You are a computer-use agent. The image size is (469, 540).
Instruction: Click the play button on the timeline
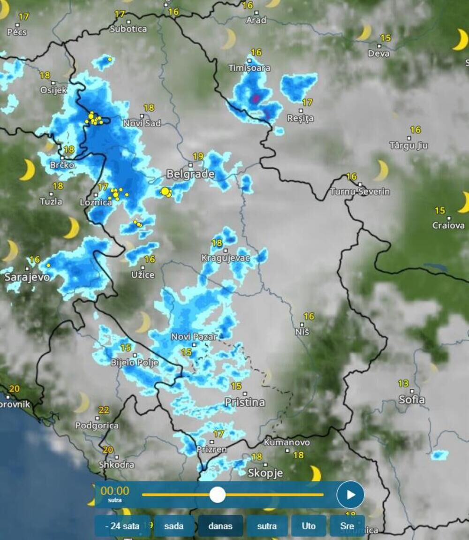point(350,494)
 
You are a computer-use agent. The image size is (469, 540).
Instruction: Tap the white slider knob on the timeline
point(217,494)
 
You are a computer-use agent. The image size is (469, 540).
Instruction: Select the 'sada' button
point(174,526)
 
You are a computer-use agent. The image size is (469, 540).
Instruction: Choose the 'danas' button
point(220,526)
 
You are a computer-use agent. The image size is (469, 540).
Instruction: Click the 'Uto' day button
point(309,526)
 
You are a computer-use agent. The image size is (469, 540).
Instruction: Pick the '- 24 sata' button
point(122,526)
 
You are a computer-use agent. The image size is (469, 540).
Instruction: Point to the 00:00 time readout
point(115,491)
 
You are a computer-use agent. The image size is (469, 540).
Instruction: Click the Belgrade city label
point(190,174)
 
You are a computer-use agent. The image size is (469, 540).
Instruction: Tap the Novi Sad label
point(142,123)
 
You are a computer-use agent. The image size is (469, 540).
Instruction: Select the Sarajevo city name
point(27,277)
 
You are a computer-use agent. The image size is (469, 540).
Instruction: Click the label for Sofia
point(411,400)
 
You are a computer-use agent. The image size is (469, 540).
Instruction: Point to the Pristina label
point(244,402)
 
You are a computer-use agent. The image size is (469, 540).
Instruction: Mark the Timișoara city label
point(249,68)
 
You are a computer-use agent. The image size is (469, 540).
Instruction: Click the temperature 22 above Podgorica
point(104,411)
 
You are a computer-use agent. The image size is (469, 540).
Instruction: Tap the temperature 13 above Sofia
point(403,384)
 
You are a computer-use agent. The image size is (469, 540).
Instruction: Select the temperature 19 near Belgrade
point(198,156)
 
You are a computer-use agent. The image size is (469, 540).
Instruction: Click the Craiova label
point(448,225)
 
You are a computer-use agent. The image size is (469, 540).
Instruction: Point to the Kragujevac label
point(226,258)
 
